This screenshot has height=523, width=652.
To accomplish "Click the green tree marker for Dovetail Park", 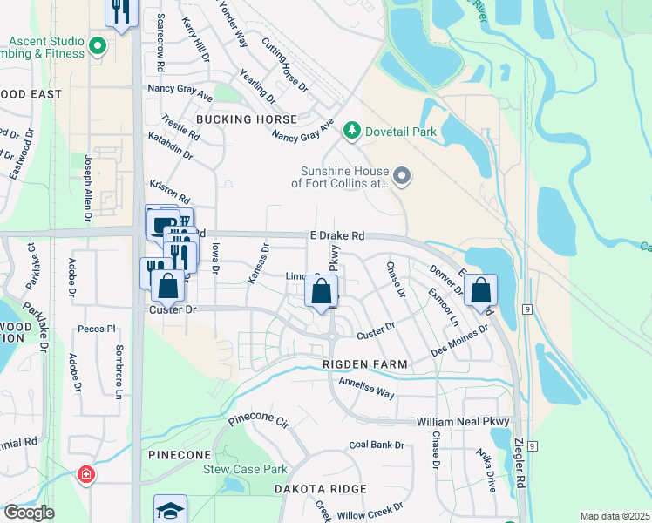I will coord(352,131).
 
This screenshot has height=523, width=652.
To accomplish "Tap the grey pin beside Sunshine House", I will coord(402,177).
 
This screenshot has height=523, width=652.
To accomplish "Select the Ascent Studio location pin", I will coord(98,46).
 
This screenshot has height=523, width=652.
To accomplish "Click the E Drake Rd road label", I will coord(336,236).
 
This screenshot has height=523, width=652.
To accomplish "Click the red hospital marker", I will coord(85,475).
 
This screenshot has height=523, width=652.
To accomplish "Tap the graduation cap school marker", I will coord(170,509).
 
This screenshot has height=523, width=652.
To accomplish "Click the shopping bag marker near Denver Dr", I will coord(480,290).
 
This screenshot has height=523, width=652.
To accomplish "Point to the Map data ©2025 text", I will coord(614,516).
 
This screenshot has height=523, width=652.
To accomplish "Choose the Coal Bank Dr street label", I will coord(377,445).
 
